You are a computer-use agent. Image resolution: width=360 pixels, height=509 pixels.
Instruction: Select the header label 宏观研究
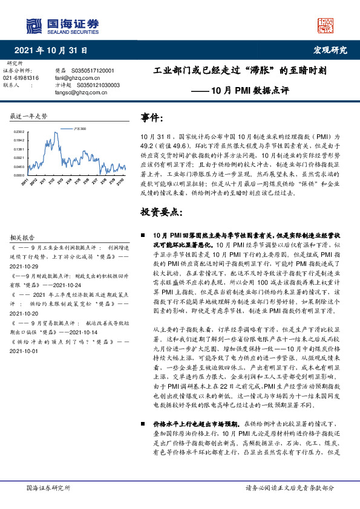point(330,50)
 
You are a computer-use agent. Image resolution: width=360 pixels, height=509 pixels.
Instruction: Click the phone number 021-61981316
point(21,78)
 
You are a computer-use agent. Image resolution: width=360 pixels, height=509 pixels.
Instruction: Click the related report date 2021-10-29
point(24,267)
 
